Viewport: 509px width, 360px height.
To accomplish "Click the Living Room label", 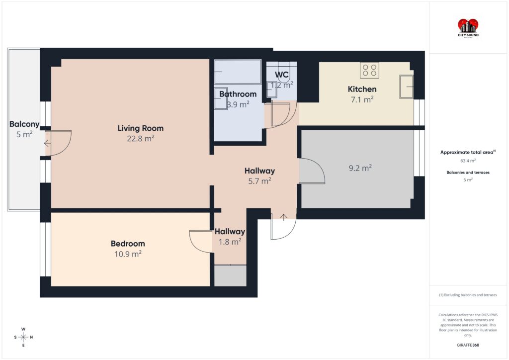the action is (x=140, y=128).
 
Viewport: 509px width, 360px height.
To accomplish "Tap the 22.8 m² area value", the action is (x=140, y=139).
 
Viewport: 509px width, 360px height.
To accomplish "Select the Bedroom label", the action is (x=128, y=244).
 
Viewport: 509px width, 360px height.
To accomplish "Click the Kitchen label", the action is (x=362, y=89).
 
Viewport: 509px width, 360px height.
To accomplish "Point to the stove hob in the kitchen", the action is (x=369, y=70).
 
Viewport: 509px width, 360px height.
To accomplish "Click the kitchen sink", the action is (x=407, y=87).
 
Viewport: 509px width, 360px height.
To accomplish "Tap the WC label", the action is (x=282, y=75).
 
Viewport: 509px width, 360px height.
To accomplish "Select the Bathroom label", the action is (x=238, y=94).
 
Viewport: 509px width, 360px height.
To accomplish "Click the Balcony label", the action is (x=24, y=124).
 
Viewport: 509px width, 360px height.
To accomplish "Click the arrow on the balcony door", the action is (x=47, y=143).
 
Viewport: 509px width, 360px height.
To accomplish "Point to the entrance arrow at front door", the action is (x=283, y=217).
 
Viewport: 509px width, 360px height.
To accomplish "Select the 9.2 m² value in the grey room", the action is (x=360, y=168).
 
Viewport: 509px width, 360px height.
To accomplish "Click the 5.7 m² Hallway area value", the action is (x=259, y=181).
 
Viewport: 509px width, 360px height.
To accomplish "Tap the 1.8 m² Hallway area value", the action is (x=230, y=242).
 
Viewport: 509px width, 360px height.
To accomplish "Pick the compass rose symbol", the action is (x=23, y=337).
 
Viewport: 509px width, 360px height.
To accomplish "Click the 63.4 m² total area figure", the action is (x=468, y=161).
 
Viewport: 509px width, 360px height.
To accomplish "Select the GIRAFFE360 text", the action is (x=468, y=345).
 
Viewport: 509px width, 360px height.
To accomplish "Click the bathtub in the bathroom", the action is (x=238, y=72).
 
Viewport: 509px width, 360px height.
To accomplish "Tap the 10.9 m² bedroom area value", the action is (x=128, y=254).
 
